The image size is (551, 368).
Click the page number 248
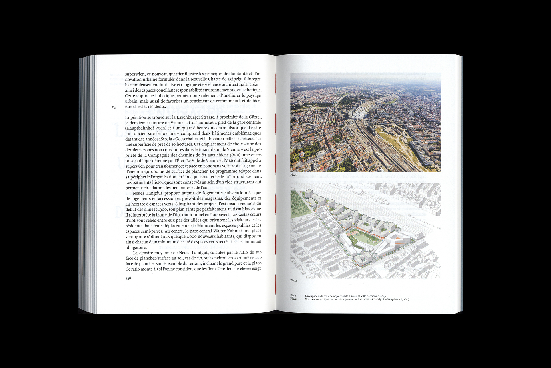tap(128, 278)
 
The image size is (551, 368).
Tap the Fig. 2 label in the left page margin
tap(115, 107)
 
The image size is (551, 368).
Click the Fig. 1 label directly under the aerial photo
tap(293, 175)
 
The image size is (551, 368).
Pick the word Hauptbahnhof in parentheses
tap(139, 128)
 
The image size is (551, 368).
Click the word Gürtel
tap(255, 117)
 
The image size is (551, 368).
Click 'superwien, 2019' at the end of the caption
tap(399, 299)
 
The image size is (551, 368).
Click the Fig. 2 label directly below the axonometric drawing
tap(293, 280)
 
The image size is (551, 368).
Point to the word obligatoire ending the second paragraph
tap(136, 247)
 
